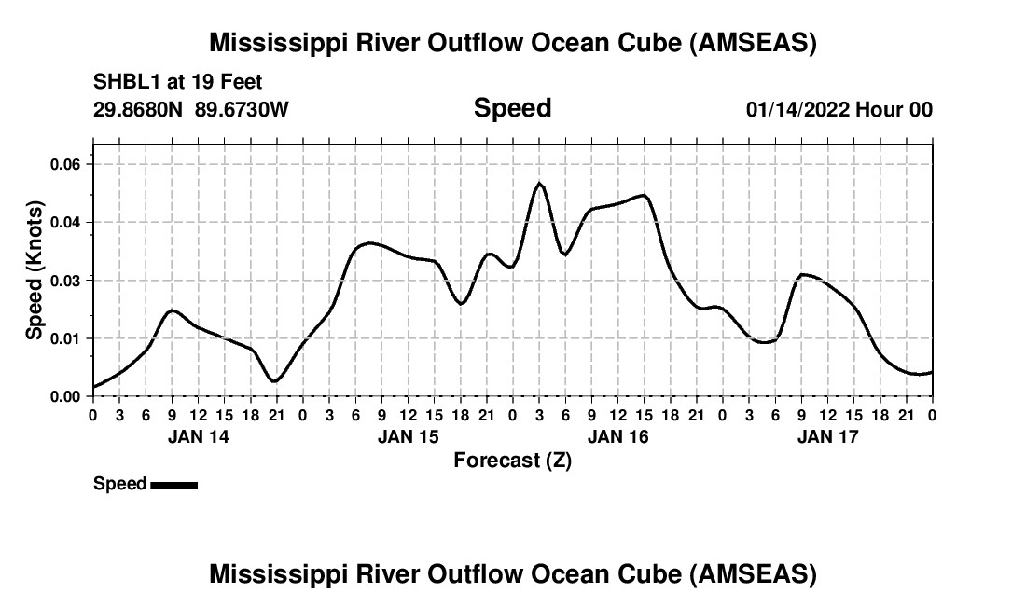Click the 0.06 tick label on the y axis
point(66,164)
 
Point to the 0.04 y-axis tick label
point(66,222)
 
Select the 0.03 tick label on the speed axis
point(66,281)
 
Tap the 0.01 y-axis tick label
point(66,338)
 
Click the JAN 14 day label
point(198,436)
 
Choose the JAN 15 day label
point(408,436)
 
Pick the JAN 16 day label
point(617,436)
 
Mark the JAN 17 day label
point(827,436)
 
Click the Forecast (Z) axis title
point(512,460)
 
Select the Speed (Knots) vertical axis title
point(35,270)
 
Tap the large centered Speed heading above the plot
point(512,108)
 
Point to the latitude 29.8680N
point(139,109)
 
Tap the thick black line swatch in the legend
point(173,485)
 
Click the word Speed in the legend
point(119,484)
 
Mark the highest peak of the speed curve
point(539,184)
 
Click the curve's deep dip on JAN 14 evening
point(273,381)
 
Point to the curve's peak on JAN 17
point(803,274)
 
